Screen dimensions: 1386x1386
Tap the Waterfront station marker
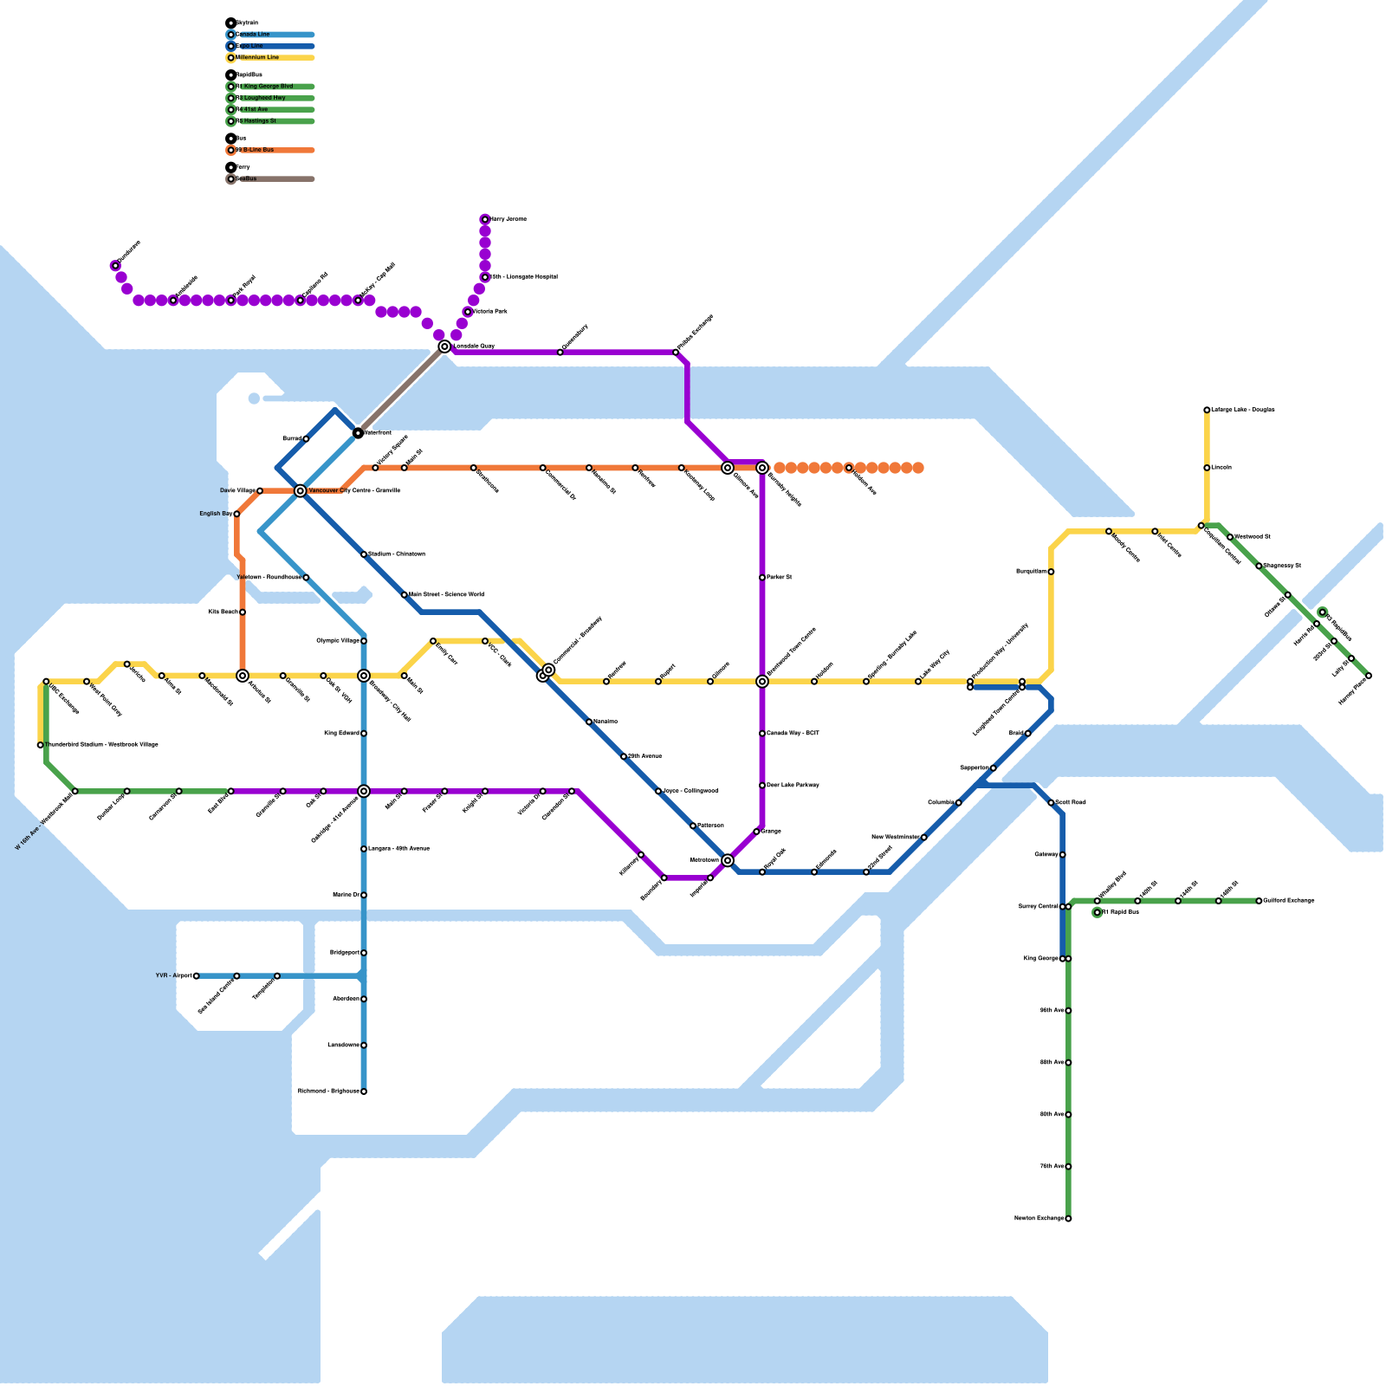coord(358,432)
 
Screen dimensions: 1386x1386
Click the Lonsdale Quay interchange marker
coord(444,346)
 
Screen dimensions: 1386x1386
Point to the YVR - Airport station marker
coord(197,975)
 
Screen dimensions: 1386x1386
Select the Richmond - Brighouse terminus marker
coord(364,1091)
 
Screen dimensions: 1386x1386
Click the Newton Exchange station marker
coord(1068,1219)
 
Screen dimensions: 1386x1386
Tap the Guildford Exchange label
coord(1288,901)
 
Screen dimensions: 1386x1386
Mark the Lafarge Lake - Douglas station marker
coord(1207,410)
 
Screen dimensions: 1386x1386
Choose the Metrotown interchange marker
coord(728,860)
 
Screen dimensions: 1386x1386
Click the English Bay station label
coord(215,514)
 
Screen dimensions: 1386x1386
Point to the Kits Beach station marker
coord(243,612)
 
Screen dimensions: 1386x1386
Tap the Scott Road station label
coord(1071,803)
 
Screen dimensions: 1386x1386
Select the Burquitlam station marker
coord(1051,572)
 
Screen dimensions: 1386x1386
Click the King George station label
coord(1040,959)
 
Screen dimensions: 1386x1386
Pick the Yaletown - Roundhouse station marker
coord(306,578)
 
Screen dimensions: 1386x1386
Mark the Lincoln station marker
coord(1207,468)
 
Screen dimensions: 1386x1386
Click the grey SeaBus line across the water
coord(400,390)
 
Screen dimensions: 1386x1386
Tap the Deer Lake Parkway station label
coord(793,786)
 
